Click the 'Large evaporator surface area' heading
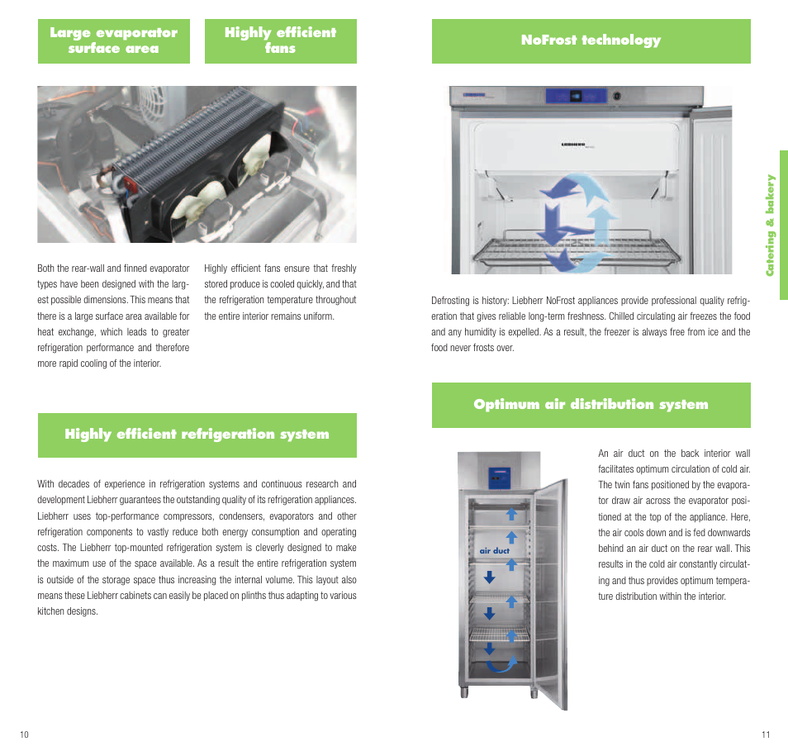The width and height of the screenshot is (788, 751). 114,40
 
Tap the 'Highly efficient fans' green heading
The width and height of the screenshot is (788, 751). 280,40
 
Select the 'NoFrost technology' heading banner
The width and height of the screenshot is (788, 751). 591,40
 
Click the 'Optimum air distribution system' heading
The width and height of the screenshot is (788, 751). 591,405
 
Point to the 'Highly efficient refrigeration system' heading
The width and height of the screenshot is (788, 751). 197,435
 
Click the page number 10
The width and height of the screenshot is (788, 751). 24,734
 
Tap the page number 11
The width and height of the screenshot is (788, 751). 766,734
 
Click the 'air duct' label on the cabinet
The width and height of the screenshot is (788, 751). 494,550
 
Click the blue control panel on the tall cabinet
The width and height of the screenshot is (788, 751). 499,478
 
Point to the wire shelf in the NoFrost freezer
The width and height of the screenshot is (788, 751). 577,250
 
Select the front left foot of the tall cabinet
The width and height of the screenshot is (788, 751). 464,692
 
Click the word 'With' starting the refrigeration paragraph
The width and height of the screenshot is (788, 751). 45,484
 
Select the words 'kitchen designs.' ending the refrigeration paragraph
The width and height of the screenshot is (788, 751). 68,611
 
